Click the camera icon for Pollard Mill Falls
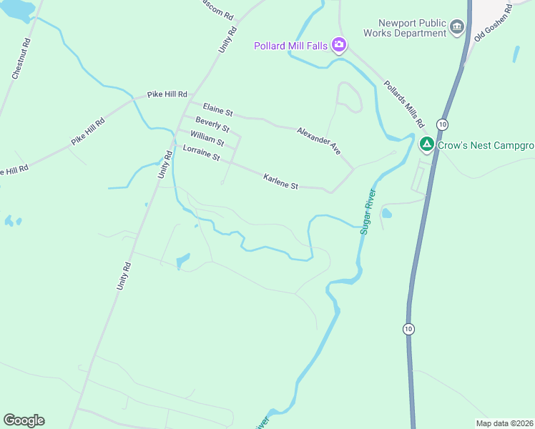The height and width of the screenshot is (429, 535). pyautogui.click(x=339, y=46)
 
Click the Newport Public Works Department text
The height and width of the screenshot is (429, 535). pyautogui.click(x=404, y=28)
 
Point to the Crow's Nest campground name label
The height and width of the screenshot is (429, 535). pyautogui.click(x=486, y=145)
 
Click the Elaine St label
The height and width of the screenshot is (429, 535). pyautogui.click(x=217, y=109)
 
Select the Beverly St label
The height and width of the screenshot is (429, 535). pyautogui.click(x=212, y=124)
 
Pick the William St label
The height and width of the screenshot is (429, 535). pyautogui.click(x=207, y=138)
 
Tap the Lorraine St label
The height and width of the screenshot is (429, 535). pyautogui.click(x=201, y=152)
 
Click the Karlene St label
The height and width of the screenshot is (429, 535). pyautogui.click(x=280, y=182)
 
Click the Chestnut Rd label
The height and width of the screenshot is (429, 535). pyautogui.click(x=21, y=58)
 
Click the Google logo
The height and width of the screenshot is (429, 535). pyautogui.click(x=24, y=420)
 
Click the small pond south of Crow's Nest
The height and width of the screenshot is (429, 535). pyautogui.click(x=387, y=213)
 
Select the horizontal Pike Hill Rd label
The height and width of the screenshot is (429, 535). pyautogui.click(x=167, y=94)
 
